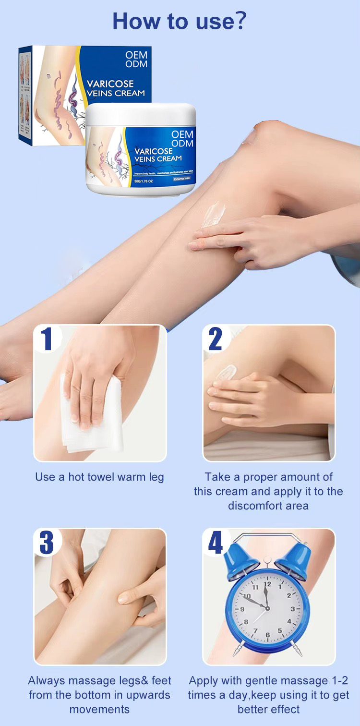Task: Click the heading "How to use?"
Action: [x=180, y=22]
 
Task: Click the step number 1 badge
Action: [x=47, y=339]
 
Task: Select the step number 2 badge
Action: [x=215, y=339]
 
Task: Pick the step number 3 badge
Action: [x=47, y=543]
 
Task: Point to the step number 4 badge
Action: [x=215, y=543]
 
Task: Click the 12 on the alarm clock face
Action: [x=268, y=584]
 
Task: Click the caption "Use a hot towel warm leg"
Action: [x=99, y=477]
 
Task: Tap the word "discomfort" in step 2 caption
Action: [x=251, y=506]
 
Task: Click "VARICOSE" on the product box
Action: [x=110, y=84]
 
